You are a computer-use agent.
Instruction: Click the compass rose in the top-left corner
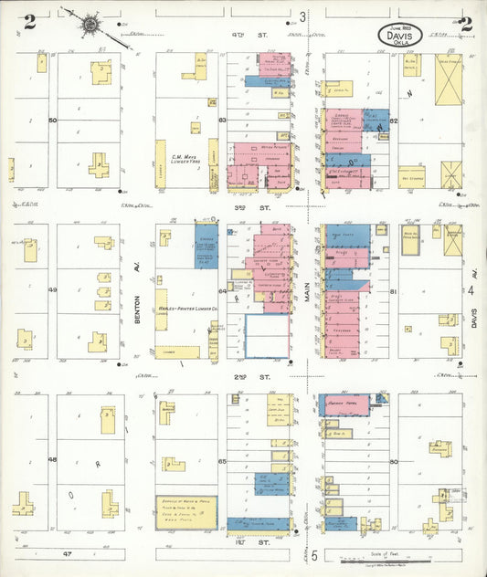tap(90, 24)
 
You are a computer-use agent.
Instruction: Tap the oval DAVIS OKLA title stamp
tap(402, 37)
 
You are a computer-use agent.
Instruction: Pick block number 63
tap(221, 119)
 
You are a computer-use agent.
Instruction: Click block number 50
tap(53, 120)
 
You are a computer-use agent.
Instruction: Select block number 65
tap(221, 462)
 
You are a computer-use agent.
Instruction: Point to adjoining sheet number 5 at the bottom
tap(312, 555)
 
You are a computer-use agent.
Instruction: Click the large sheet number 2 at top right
tap(466, 25)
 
